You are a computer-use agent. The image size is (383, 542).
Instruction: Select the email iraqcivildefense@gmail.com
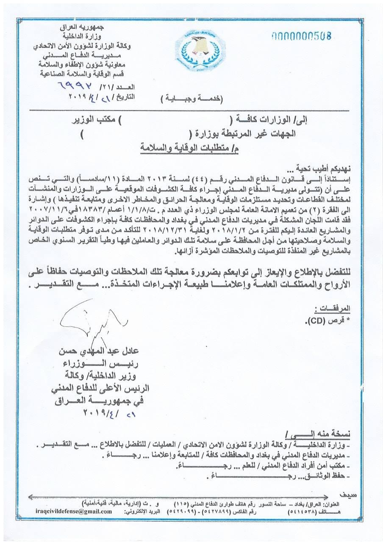[74, 512]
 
